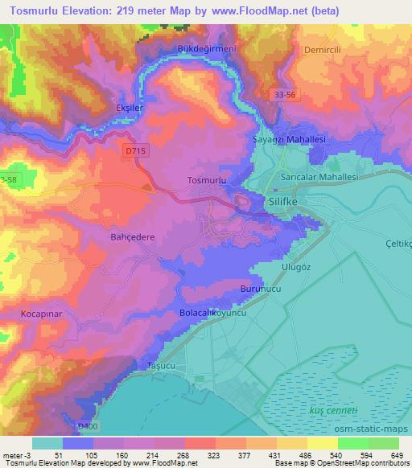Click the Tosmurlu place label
coord(204,181)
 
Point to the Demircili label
coord(323,49)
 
